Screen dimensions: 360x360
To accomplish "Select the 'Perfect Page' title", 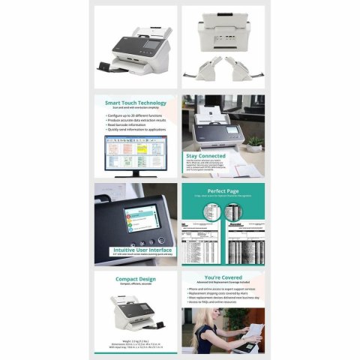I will coord(222,190).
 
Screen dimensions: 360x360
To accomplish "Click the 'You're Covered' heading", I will coord(222,277).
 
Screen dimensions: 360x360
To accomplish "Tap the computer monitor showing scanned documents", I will coord(136,149).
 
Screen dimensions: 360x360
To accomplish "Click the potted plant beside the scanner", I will coord(254,142).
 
